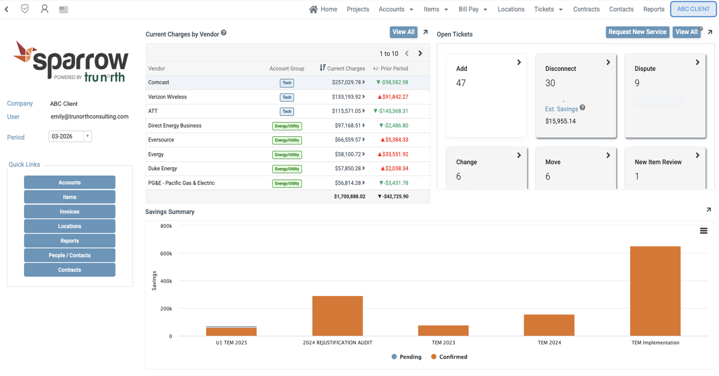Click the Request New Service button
coord(637,32)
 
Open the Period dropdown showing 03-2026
coord(70,137)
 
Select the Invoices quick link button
coord(70,211)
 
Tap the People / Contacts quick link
coord(70,255)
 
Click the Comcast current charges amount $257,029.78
coord(347,82)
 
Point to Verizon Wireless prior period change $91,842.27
coord(393,97)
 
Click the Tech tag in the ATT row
coord(287,111)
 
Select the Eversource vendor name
coord(161,140)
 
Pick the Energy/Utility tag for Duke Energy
coord(287,169)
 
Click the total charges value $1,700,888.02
coord(349,197)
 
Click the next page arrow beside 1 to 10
coord(420,53)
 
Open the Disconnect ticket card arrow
coord(608,62)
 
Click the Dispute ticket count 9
coord(637,83)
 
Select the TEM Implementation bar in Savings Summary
coord(655,291)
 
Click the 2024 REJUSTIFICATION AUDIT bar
coord(337,316)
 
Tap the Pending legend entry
coord(406,357)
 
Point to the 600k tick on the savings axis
coord(166,254)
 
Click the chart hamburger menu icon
coord(704,231)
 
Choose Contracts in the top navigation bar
coord(586,9)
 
